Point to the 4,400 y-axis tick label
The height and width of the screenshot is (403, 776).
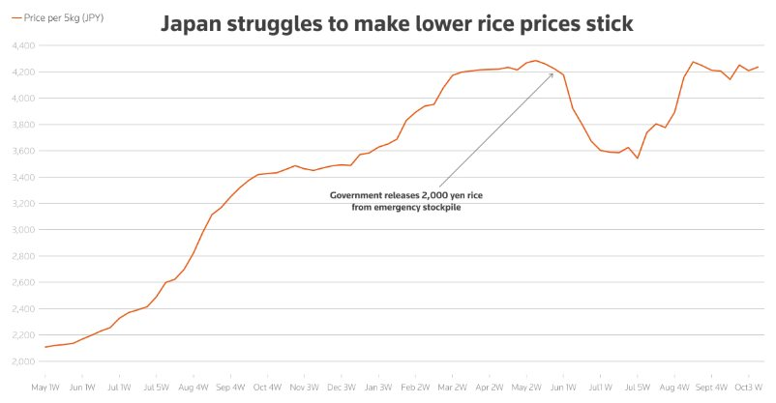point(23,45)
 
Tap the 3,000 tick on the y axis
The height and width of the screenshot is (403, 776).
point(23,230)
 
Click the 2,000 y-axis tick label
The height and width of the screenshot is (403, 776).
point(23,361)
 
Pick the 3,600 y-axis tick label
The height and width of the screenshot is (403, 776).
point(23,151)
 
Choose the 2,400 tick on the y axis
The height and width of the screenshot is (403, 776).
point(23,309)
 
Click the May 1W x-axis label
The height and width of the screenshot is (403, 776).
point(45,387)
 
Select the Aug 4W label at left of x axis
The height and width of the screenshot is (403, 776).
point(194,387)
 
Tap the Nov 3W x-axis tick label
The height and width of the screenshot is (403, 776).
point(304,387)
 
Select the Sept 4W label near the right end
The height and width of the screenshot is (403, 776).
point(710,387)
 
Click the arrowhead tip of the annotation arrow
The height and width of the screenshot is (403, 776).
point(553,73)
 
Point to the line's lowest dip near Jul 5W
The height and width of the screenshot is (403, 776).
point(638,158)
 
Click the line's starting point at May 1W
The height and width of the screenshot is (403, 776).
point(45,347)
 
